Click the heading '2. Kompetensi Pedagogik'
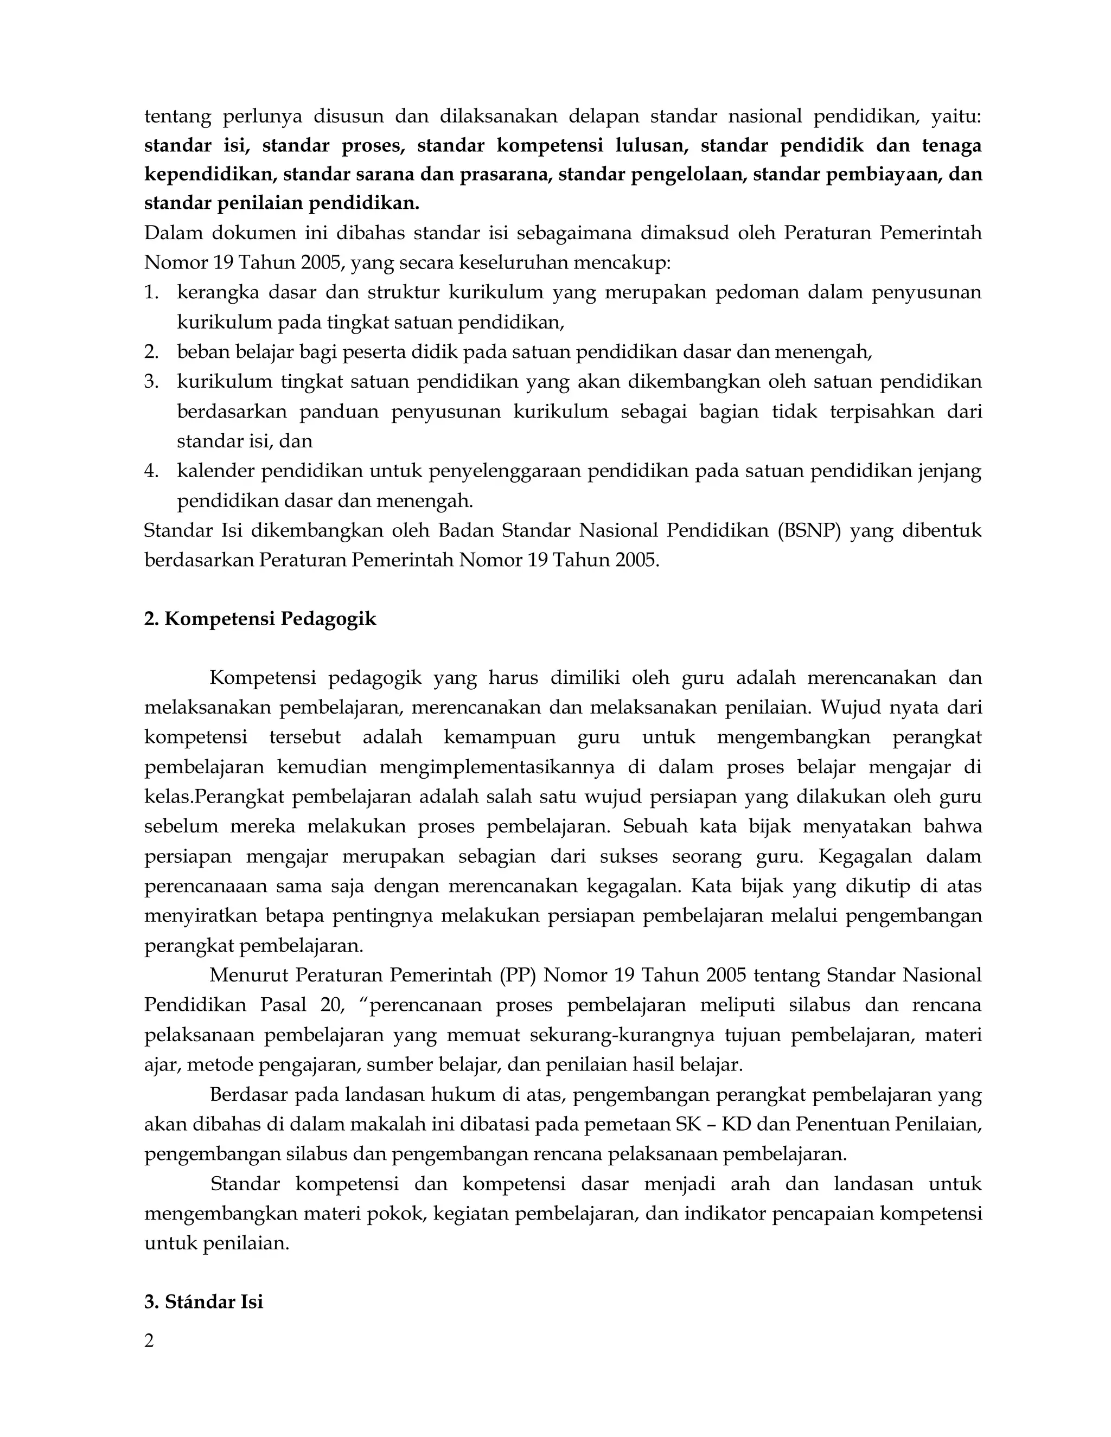click(x=260, y=619)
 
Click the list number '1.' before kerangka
click(x=151, y=292)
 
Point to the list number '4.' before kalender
click(x=151, y=471)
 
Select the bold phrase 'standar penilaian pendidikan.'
click(x=282, y=203)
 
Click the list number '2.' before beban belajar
click(x=151, y=352)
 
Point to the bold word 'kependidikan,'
click(x=210, y=175)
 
